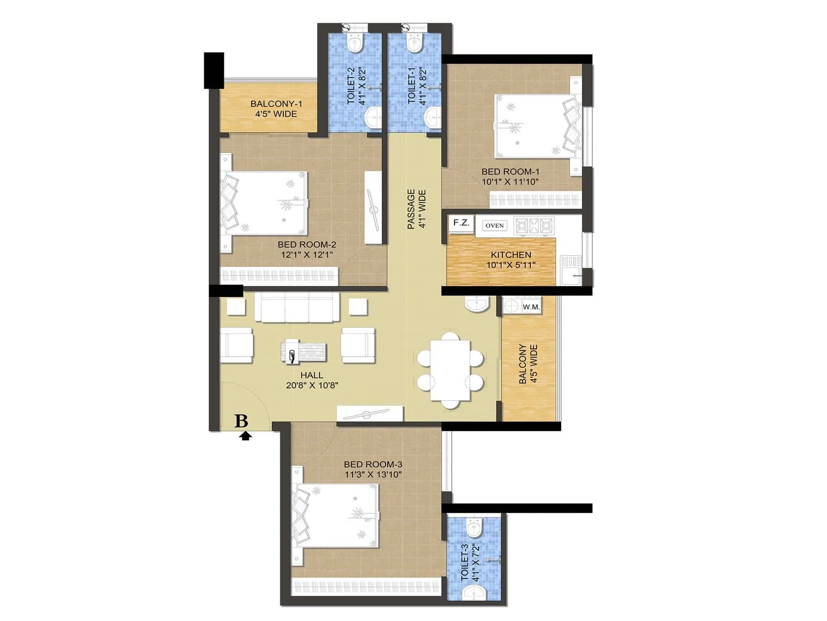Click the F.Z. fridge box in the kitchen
tap(461, 224)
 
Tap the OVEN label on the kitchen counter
tap(495, 226)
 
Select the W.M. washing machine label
tap(531, 307)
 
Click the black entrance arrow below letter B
tap(246, 436)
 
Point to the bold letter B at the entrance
tap(241, 421)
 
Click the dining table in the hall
tap(451, 369)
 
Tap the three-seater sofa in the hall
tap(297, 306)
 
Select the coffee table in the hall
tap(304, 352)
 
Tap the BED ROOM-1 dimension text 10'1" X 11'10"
tap(510, 182)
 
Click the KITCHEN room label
tap(511, 255)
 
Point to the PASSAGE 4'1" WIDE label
tap(416, 209)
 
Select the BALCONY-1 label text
tap(276, 103)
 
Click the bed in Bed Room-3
tap(336, 516)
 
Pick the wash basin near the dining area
tap(477, 304)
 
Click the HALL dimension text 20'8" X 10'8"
tap(312, 385)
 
